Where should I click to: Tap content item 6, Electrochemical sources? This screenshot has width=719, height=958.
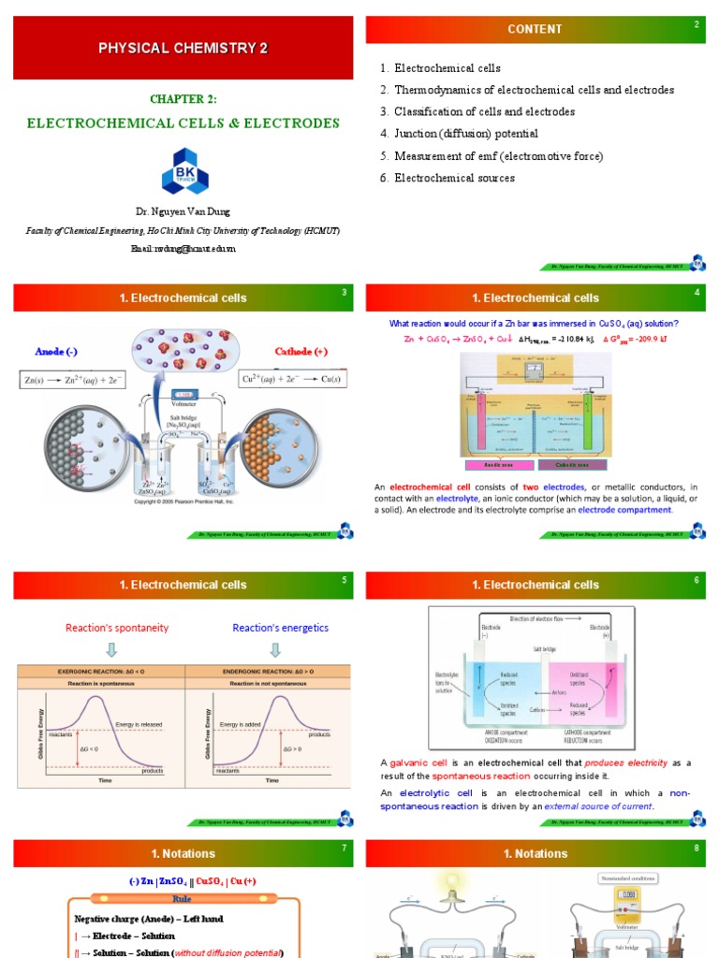[448, 178]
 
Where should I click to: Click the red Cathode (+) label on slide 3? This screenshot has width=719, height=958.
[301, 352]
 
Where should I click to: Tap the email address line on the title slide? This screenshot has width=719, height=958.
[183, 249]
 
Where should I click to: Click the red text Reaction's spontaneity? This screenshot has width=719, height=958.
[116, 628]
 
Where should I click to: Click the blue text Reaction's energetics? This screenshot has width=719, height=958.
[281, 628]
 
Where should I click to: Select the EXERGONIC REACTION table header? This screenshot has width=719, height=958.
[101, 672]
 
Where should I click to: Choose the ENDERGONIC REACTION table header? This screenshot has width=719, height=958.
[269, 672]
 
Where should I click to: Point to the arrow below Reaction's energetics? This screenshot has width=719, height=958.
[281, 649]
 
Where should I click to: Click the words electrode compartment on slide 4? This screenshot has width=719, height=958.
[624, 510]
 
